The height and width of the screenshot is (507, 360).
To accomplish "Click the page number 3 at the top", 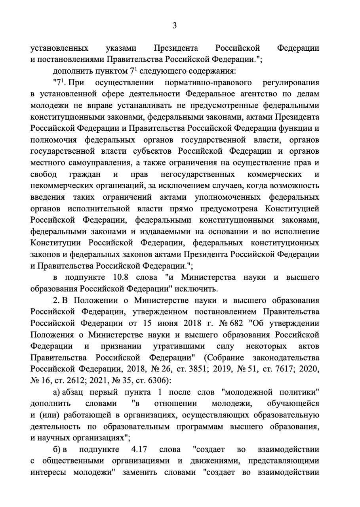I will [174, 26].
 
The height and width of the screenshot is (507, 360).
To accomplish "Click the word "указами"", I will [121, 48].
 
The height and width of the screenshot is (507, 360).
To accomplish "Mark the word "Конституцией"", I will [293, 209].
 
